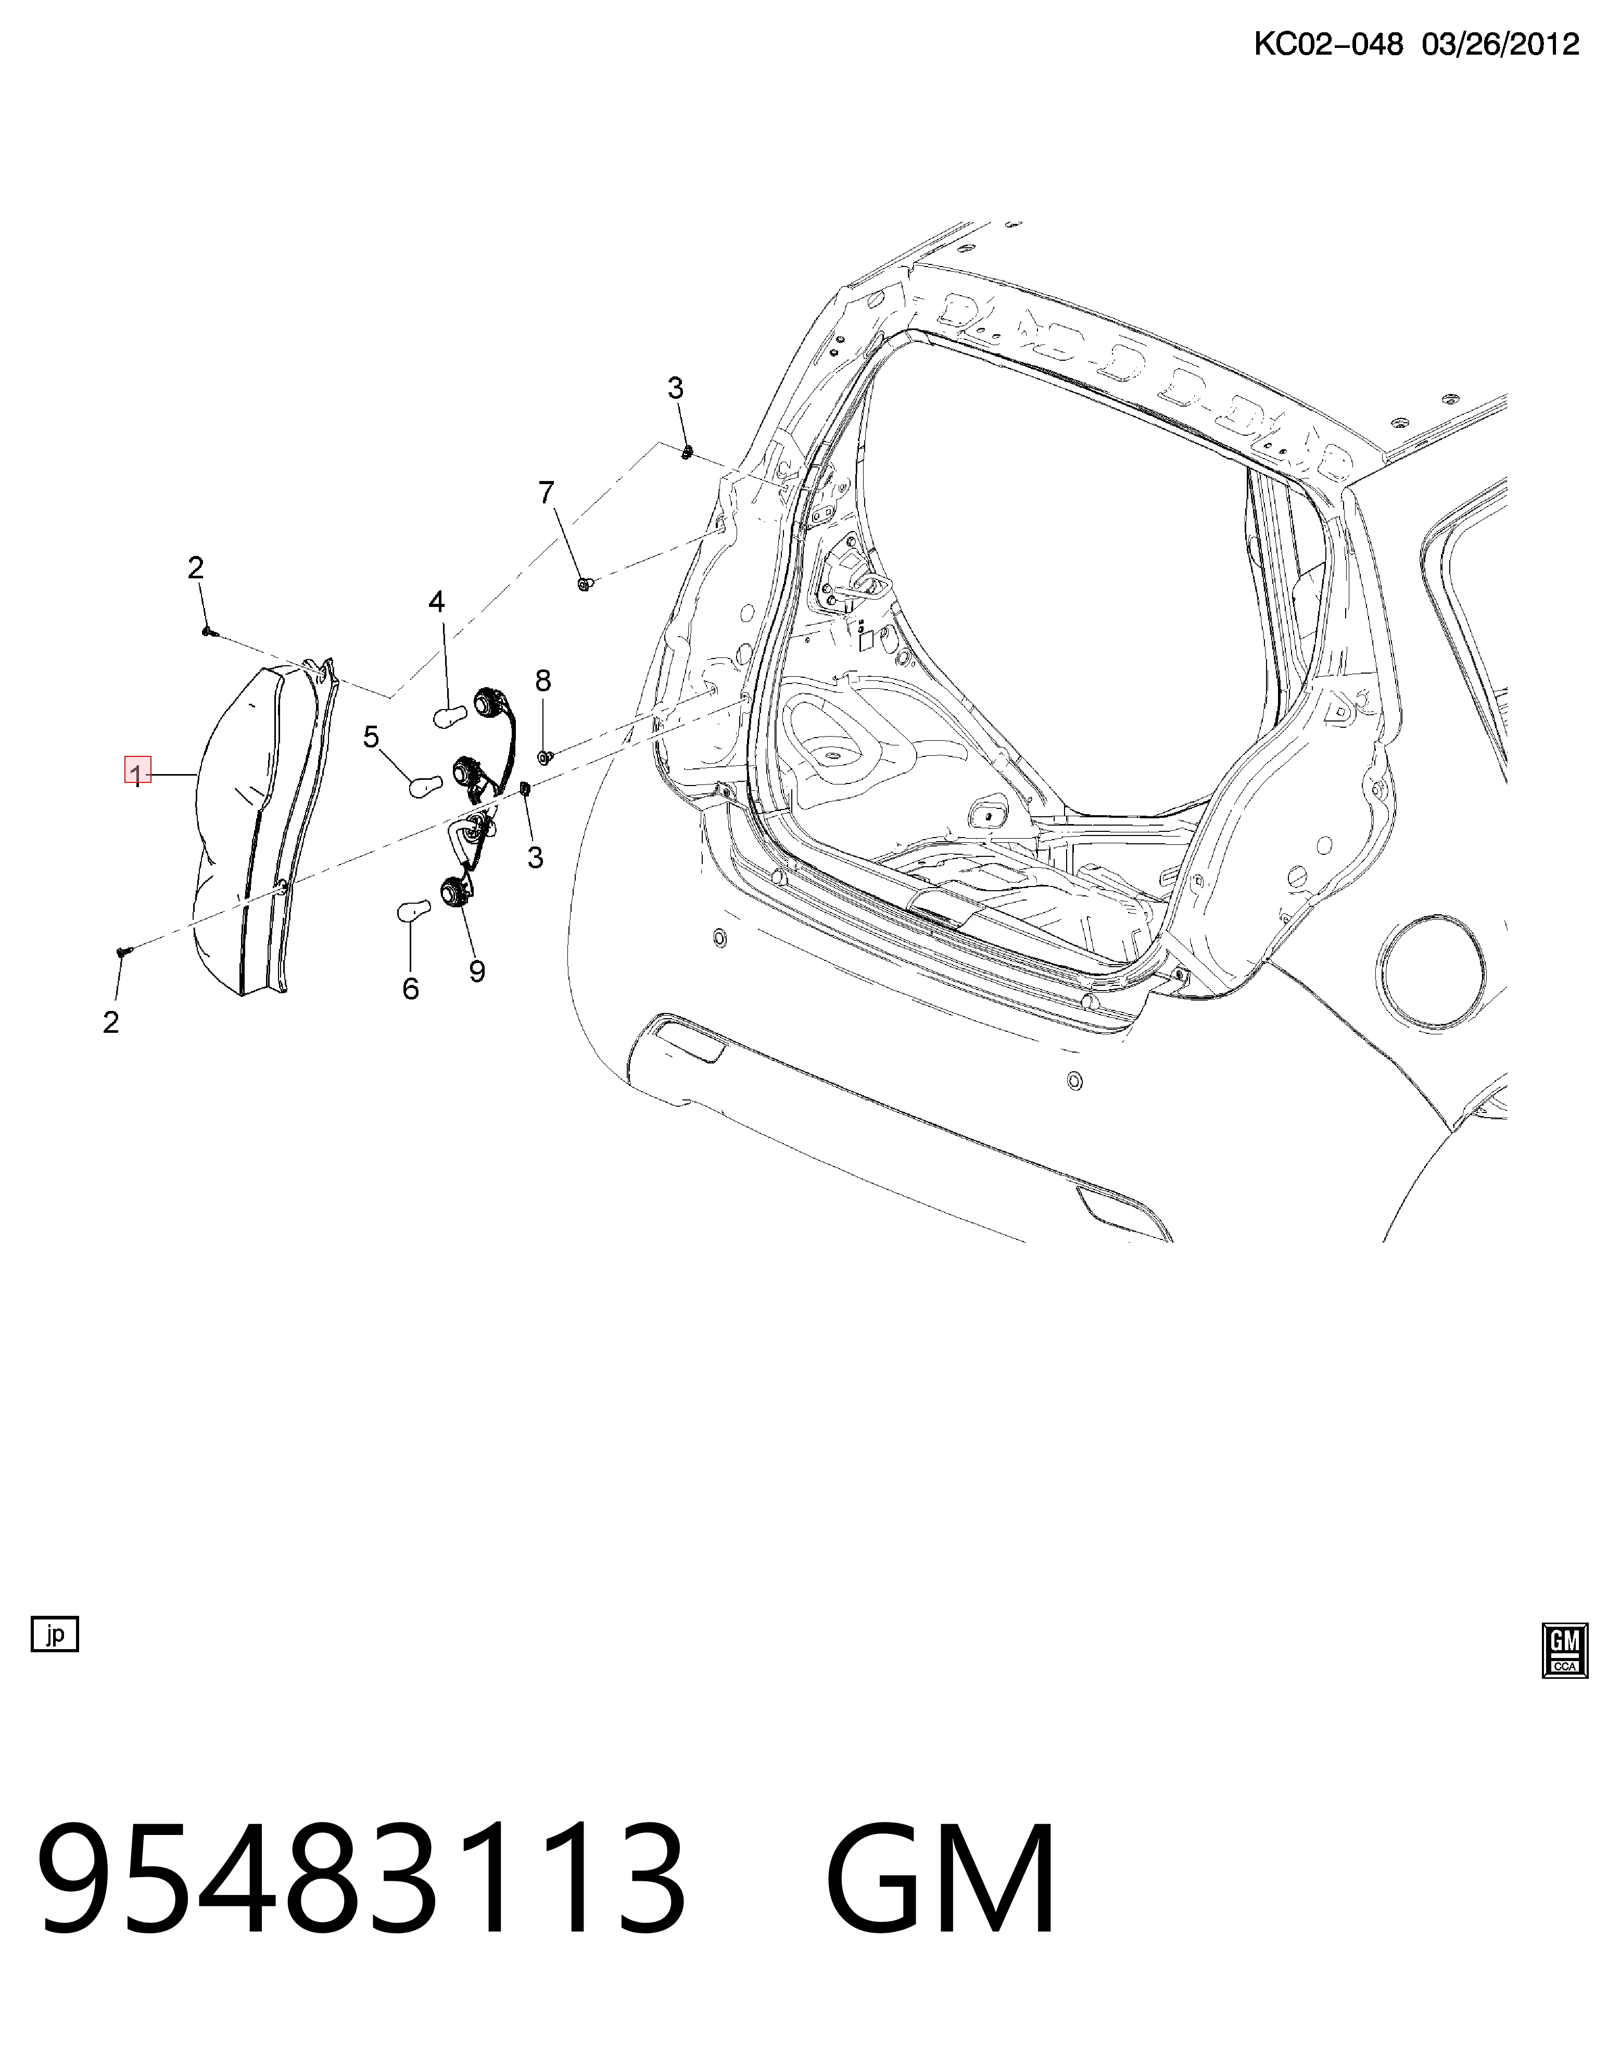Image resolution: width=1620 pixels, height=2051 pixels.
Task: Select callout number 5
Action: (x=371, y=736)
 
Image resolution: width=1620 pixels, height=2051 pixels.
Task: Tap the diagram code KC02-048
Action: (x=1328, y=44)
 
